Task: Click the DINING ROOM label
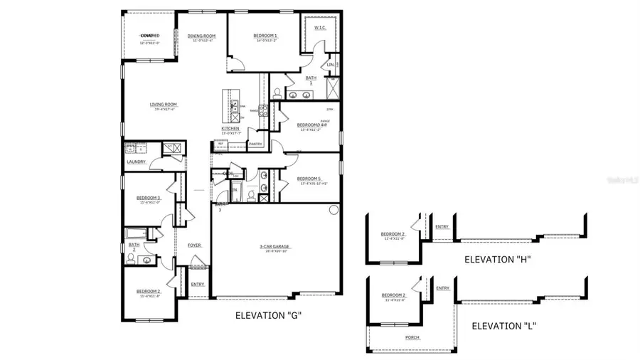pos(201,36)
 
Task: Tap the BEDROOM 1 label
pos(265,36)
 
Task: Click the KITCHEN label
pos(229,128)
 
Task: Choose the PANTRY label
pos(255,144)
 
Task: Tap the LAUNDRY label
pos(137,162)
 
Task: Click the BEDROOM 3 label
pos(149,198)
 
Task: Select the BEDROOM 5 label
pos(308,178)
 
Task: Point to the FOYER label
pos(194,245)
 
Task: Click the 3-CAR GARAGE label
pos(274,247)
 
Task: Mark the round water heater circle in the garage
pos(334,210)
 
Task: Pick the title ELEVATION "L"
pos(503,327)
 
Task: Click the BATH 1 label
pos(311,80)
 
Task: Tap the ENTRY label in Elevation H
pos(442,227)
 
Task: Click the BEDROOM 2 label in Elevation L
pos(393,295)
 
